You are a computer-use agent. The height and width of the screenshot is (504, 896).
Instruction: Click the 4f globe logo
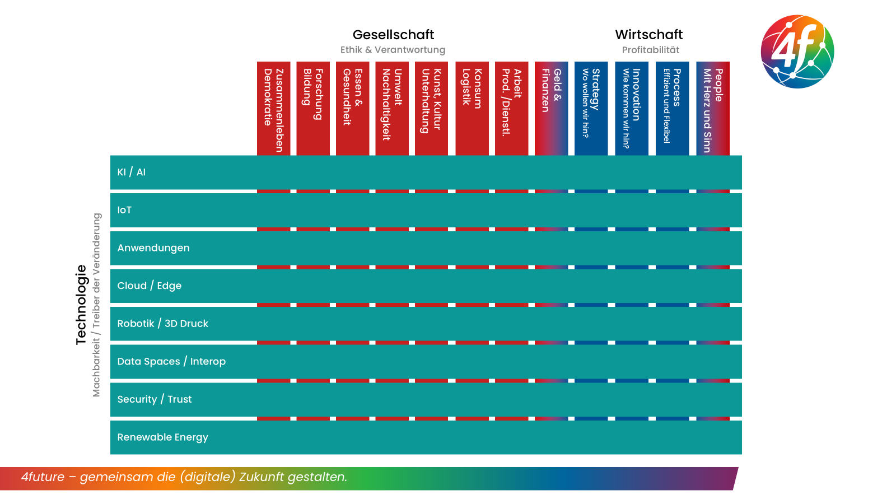click(x=797, y=52)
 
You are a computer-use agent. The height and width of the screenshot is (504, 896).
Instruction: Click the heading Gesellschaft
click(x=393, y=35)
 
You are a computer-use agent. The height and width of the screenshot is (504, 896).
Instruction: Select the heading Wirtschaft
click(x=648, y=35)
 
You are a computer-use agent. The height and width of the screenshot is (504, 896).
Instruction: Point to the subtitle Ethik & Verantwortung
click(x=393, y=50)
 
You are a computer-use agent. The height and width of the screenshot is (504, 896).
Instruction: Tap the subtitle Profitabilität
click(x=650, y=50)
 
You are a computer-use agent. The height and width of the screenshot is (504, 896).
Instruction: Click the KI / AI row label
click(x=132, y=172)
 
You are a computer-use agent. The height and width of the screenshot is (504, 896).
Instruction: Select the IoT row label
click(x=124, y=210)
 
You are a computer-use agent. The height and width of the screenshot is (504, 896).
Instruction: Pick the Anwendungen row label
click(x=153, y=248)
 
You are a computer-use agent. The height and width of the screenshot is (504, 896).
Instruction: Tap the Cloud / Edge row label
click(x=150, y=286)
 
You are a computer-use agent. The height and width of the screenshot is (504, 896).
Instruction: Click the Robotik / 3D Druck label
click(x=163, y=324)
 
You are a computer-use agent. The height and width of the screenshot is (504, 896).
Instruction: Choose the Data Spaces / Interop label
click(x=171, y=362)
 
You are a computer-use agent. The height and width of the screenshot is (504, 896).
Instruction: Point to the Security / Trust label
click(x=155, y=399)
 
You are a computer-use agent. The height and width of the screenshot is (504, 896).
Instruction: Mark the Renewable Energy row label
click(x=163, y=437)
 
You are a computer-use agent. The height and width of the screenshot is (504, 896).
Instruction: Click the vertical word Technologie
click(x=82, y=305)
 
